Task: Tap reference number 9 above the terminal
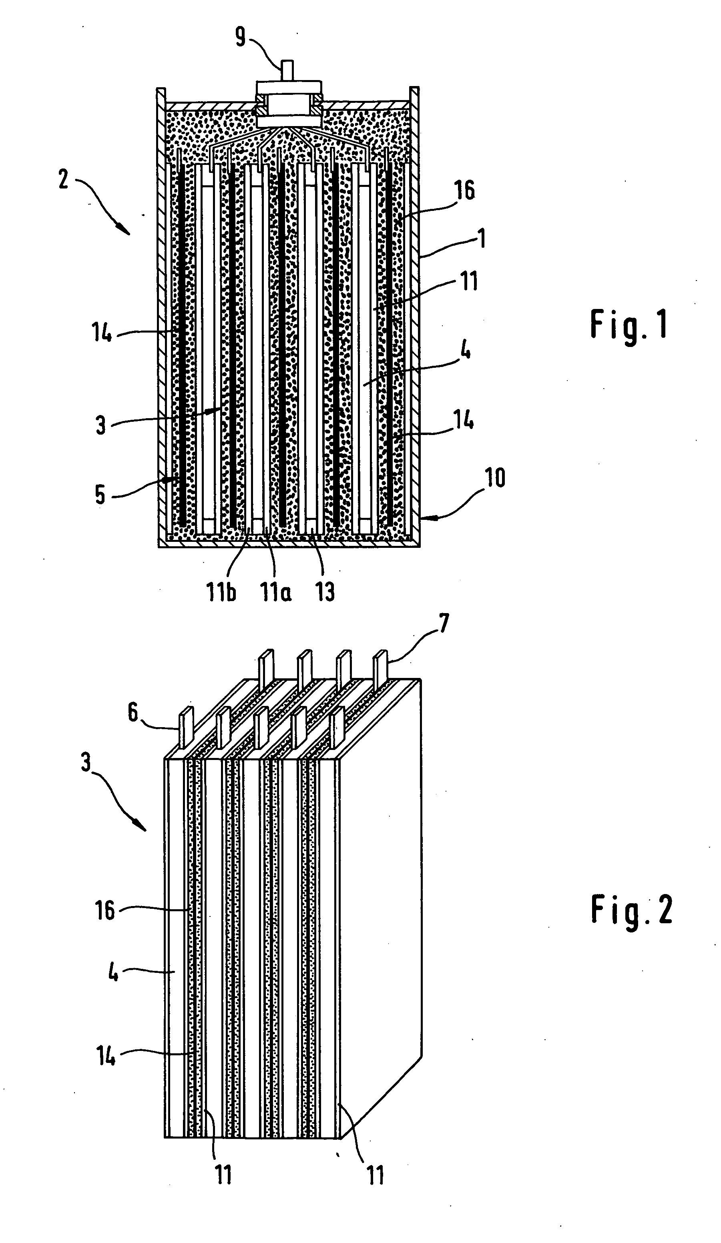(x=240, y=37)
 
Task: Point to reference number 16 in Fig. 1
(x=465, y=190)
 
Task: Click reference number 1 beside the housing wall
(x=482, y=239)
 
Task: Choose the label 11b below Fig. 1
(x=221, y=591)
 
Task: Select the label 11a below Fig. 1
(x=276, y=591)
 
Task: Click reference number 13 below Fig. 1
(x=325, y=591)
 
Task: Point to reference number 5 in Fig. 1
(x=100, y=494)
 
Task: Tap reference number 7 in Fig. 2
(x=444, y=624)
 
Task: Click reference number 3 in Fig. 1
(x=100, y=425)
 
